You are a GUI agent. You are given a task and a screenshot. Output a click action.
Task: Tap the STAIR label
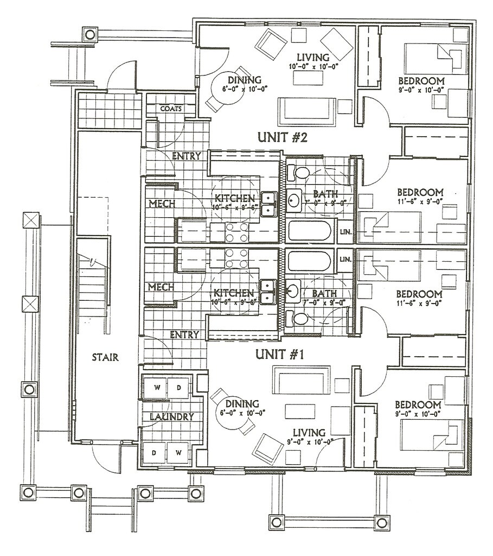105,357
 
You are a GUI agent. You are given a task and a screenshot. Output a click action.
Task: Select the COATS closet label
170,108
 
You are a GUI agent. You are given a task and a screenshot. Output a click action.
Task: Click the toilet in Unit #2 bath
298,173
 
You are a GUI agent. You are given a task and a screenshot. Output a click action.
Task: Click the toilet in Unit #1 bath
298,317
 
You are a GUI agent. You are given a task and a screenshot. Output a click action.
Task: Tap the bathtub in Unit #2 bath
309,231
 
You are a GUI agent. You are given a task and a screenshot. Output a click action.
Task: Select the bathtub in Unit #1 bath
309,261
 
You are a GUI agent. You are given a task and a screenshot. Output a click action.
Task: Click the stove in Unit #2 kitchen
236,232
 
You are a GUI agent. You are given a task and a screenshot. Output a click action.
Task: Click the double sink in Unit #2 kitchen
267,204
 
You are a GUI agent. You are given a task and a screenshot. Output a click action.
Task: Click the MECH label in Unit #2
161,204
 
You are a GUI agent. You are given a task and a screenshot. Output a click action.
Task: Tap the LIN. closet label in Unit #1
345,260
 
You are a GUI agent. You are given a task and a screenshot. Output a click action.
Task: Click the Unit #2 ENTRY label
186,156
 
